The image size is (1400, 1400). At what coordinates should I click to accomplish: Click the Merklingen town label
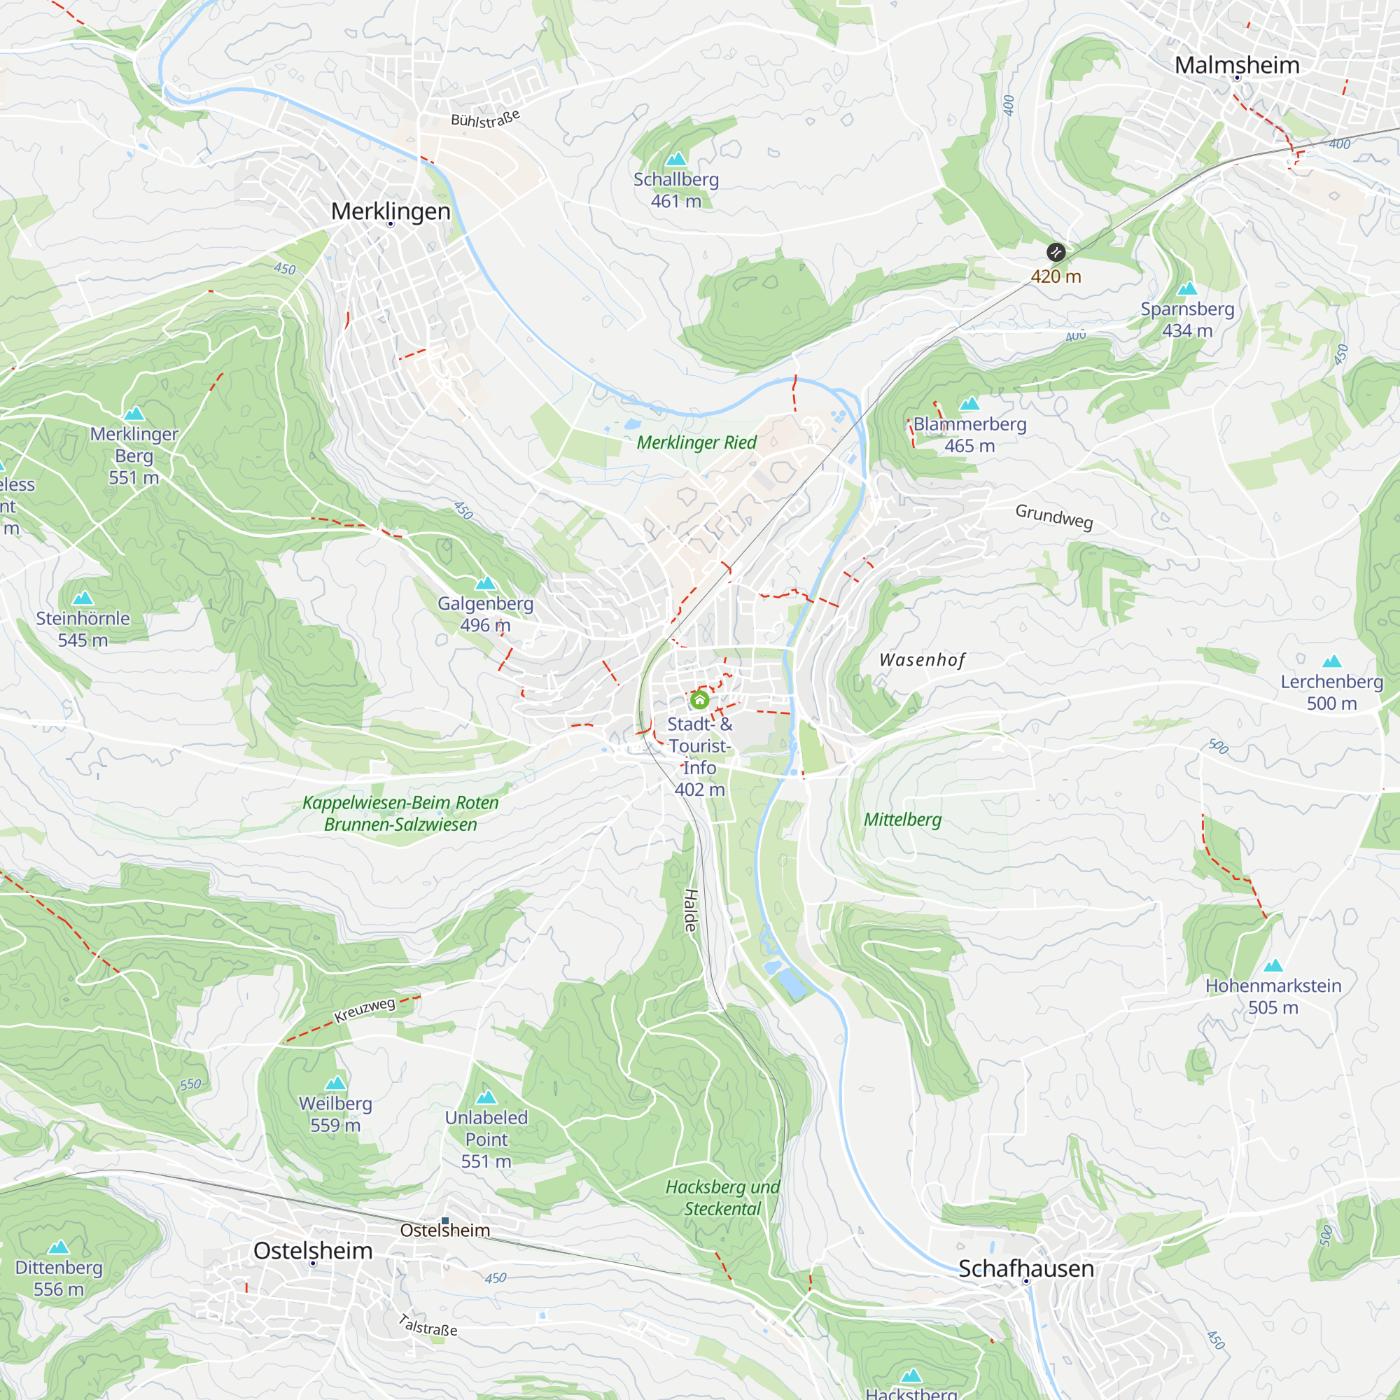pyautogui.click(x=391, y=211)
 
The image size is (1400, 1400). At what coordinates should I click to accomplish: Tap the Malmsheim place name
pyautogui.click(x=1237, y=65)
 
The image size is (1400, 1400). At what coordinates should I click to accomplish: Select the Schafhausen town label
pyautogui.click(x=1026, y=1268)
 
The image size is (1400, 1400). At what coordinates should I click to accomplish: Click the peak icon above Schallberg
pyautogui.click(x=676, y=159)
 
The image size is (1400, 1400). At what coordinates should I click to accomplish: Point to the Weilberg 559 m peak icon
pyautogui.click(x=335, y=1083)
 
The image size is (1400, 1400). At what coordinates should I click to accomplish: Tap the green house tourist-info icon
pyautogui.click(x=699, y=699)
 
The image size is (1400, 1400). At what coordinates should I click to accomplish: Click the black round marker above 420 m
pyautogui.click(x=1056, y=252)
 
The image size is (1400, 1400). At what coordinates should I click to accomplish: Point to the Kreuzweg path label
pyautogui.click(x=365, y=1009)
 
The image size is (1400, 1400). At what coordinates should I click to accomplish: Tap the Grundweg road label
pyautogui.click(x=1053, y=516)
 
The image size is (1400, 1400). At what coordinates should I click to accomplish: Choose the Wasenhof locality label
pyautogui.click(x=922, y=659)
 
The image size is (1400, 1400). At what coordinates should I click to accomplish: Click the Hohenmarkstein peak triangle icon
pyautogui.click(x=1273, y=965)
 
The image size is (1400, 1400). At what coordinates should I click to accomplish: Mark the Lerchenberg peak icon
pyautogui.click(x=1332, y=661)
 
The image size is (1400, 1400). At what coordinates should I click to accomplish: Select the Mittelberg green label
pyautogui.click(x=902, y=820)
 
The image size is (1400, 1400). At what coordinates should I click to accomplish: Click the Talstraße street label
pyautogui.click(x=428, y=1325)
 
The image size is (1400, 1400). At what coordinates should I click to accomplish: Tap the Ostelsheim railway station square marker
pyautogui.click(x=445, y=1221)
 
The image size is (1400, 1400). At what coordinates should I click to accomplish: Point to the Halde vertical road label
pyautogui.click(x=691, y=910)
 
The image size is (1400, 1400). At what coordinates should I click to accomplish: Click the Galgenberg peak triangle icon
pyautogui.click(x=486, y=583)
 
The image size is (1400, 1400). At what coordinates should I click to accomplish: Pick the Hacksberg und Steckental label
pyautogui.click(x=722, y=1197)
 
